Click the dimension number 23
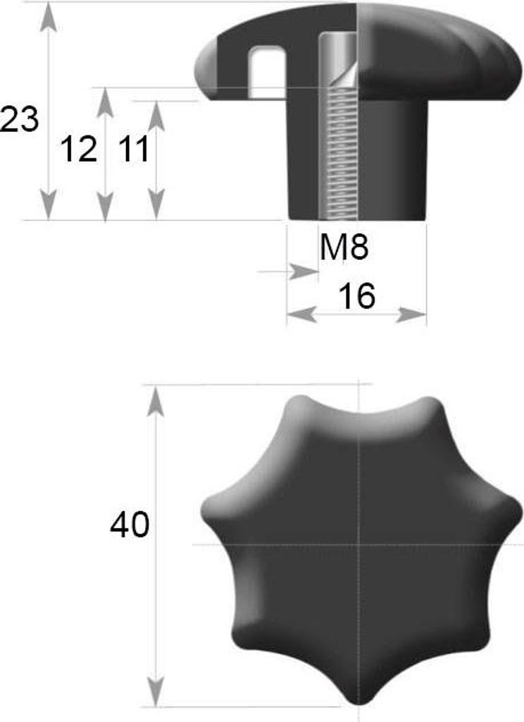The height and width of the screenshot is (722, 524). point(18,120)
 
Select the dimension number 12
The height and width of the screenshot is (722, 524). point(79,149)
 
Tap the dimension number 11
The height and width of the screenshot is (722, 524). point(135,149)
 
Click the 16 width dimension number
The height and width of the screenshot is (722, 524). point(356,295)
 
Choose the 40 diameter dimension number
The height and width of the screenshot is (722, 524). point(130,524)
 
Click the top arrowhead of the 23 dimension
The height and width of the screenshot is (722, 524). point(49,19)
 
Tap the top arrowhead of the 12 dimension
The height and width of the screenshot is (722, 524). point(106,102)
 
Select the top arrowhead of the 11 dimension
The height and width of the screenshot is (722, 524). point(157,115)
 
